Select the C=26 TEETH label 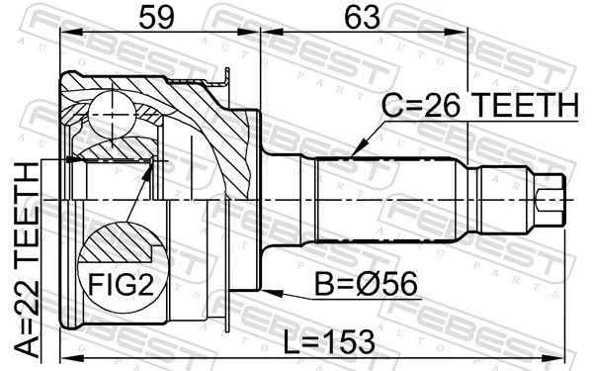pyautogui.click(x=478, y=106)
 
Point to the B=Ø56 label pyautogui.click(x=365, y=287)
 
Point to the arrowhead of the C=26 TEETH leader pyautogui.click(x=352, y=153)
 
